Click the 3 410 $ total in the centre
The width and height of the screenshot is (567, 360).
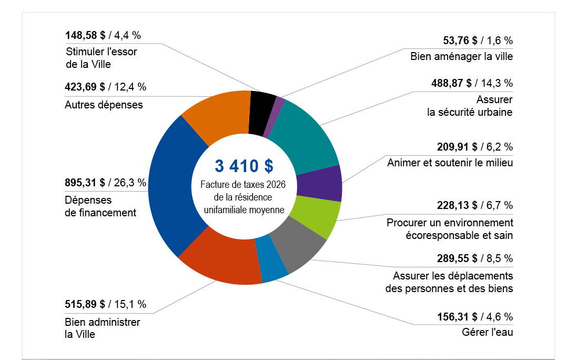coord(244,166)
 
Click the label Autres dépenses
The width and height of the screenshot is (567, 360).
coord(104,104)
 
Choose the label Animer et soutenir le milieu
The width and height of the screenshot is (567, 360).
coord(450,162)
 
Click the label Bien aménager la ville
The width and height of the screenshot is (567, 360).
coord(461,56)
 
